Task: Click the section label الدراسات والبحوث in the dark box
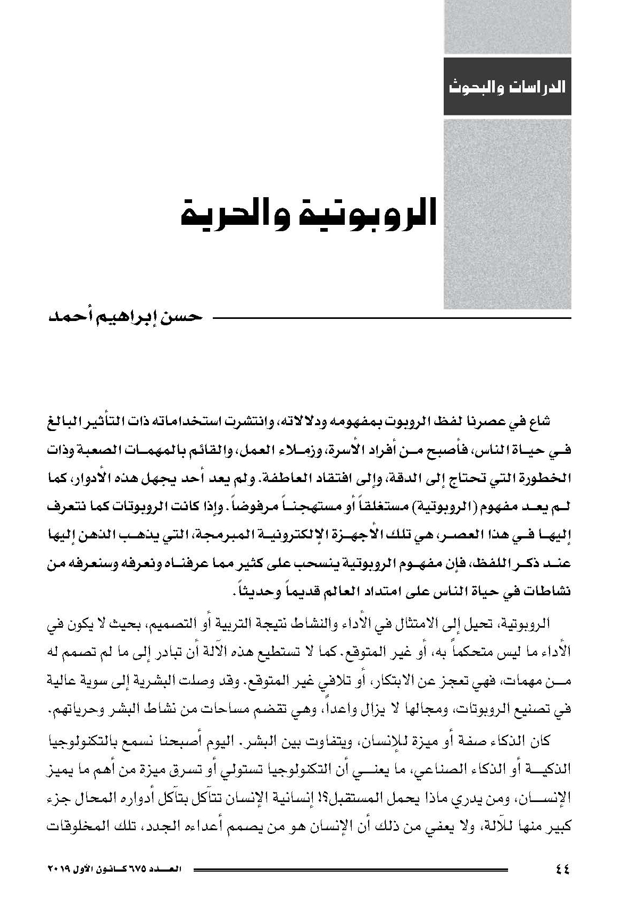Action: click(x=508, y=87)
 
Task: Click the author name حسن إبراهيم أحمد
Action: click(x=126, y=317)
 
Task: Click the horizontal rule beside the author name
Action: click(x=391, y=318)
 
